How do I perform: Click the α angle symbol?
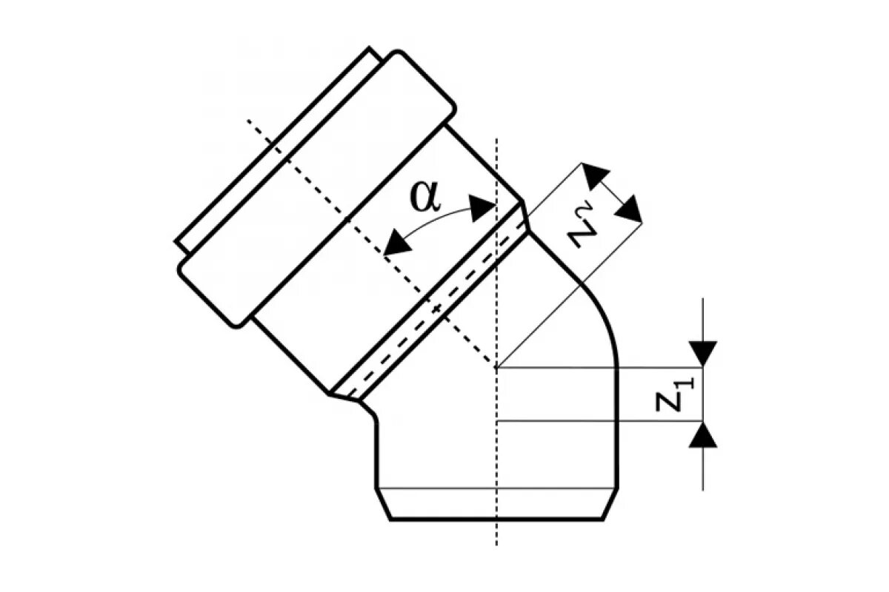[x=424, y=197]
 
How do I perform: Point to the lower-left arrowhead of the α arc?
[x=396, y=243]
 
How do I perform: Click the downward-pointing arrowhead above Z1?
[x=702, y=353]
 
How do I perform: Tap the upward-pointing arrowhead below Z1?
[x=702, y=435]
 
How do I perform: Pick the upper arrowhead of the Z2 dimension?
[x=595, y=175]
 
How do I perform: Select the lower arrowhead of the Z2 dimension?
[x=629, y=210]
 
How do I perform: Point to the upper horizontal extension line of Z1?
[x=593, y=366]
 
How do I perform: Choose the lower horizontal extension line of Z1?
[x=593, y=421]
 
